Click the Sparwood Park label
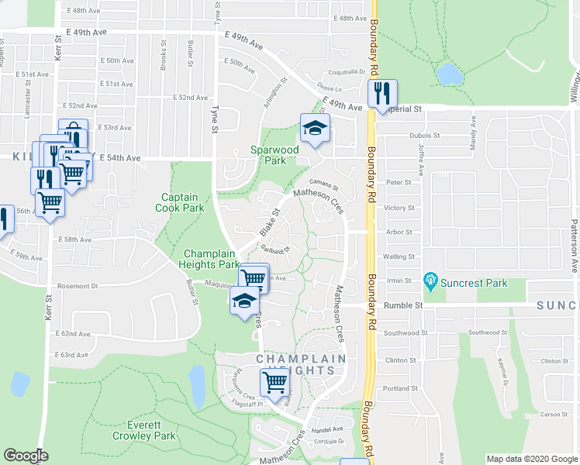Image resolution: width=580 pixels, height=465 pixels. (274, 155)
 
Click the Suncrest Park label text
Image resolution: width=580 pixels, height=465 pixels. (474, 283)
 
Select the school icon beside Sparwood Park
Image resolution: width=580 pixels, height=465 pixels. (316, 129)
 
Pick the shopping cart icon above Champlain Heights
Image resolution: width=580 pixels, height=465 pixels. (275, 381)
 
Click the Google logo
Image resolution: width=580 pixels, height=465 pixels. (26, 456)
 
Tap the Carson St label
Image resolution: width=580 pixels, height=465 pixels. (554, 415)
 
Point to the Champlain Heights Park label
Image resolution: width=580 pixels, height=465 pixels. (211, 259)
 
